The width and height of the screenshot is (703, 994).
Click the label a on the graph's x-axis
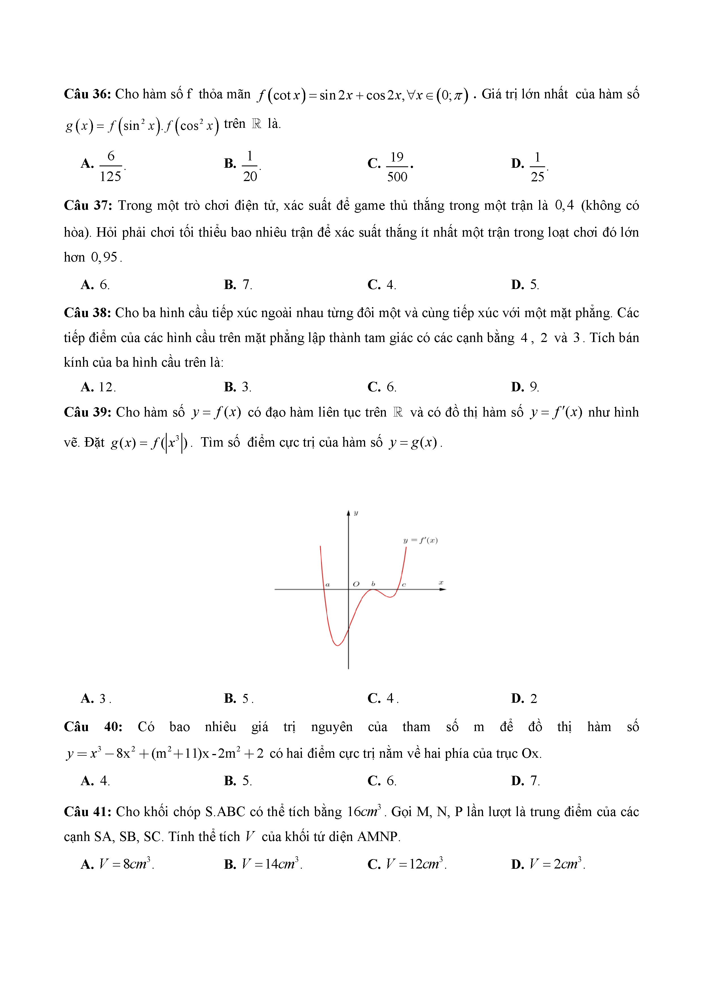click(328, 585)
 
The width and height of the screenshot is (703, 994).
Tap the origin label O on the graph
click(356, 584)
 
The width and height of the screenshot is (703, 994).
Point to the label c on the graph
click(404, 585)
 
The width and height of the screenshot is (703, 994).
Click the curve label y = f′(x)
click(420, 540)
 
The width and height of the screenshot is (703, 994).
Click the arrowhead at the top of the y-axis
click(348, 513)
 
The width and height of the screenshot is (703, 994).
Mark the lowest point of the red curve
click(337, 645)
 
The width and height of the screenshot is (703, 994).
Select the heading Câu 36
click(88, 94)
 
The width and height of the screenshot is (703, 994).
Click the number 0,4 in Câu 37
click(564, 205)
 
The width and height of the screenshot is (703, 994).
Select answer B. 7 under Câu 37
click(238, 284)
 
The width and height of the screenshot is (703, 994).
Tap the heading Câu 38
click(88, 313)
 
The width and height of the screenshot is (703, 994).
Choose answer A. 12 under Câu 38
click(98, 386)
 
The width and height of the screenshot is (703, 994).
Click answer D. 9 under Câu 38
click(525, 386)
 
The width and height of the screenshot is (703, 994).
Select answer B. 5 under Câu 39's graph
click(238, 698)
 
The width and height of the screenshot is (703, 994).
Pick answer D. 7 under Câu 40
click(525, 781)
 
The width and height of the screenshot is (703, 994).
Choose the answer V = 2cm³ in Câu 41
click(557, 864)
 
